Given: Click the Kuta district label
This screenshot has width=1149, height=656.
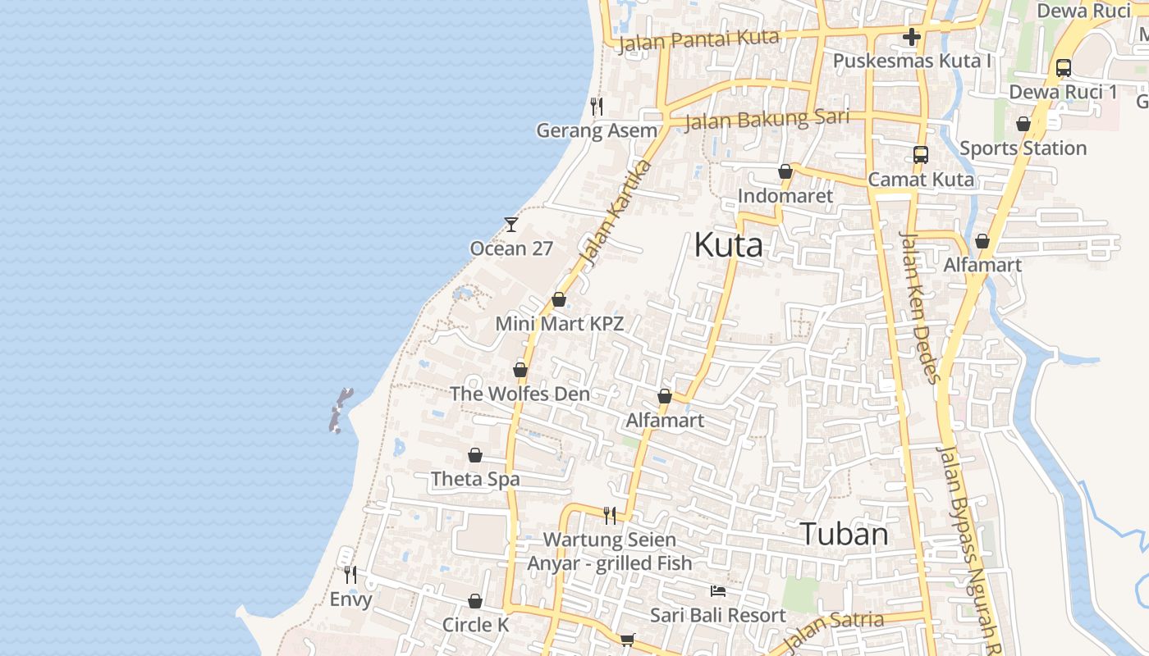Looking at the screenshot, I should [728, 244].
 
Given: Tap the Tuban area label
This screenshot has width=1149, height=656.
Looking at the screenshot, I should [844, 534].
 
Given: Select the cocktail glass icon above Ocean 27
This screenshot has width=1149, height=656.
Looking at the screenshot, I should [511, 224].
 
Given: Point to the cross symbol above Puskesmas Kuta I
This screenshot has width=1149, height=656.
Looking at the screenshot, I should [911, 37].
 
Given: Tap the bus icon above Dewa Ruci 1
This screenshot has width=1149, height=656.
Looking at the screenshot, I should [1063, 68].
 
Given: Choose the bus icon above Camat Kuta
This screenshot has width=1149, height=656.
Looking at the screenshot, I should [920, 155].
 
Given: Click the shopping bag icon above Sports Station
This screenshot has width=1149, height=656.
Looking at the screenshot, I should [1023, 124].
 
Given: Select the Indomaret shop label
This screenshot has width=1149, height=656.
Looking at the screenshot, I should [785, 196].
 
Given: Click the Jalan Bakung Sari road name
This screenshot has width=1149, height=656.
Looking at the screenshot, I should [766, 119].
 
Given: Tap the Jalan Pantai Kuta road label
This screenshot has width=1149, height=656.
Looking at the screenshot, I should [698, 39].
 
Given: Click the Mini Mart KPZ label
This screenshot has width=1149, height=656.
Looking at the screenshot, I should [559, 324].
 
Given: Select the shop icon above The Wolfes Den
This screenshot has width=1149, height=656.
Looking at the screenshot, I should [520, 370].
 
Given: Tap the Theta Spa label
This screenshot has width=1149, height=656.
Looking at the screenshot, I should [475, 479].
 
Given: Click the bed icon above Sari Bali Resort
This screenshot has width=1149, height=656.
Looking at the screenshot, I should [718, 590].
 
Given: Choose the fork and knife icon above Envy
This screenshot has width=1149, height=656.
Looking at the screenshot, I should [350, 574].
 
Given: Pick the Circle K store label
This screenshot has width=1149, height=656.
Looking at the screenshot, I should [475, 625].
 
